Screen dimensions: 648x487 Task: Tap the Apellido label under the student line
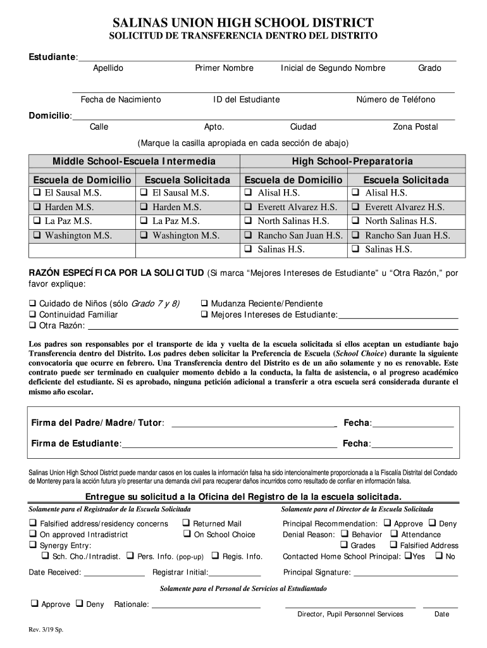coord(108,68)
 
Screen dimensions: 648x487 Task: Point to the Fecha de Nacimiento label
coord(121,100)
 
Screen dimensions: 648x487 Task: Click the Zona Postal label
coord(415,127)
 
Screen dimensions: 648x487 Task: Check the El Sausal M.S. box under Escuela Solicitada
coord(144,192)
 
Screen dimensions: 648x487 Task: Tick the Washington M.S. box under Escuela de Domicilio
coord(37,235)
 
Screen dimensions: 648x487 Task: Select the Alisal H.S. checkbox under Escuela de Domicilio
coord(249,192)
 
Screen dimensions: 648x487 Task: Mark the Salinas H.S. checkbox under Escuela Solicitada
coord(356,249)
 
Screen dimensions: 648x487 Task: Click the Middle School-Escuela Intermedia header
coord(133,161)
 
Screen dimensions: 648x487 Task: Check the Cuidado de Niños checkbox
coord(32,304)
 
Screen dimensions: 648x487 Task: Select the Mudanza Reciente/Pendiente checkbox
coord(204,304)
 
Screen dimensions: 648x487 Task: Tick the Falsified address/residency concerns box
coord(32,523)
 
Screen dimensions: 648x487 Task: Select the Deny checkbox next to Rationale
coord(80,604)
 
